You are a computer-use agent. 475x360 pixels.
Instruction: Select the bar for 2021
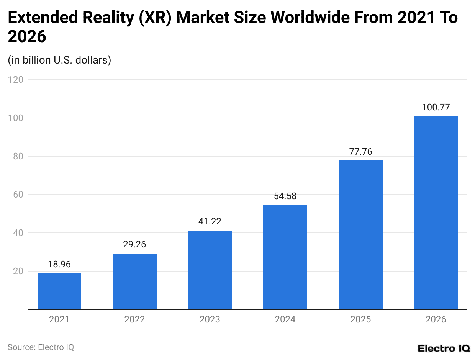pyautogui.click(x=59, y=291)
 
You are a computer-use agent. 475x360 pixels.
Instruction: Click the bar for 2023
pyautogui.click(x=210, y=270)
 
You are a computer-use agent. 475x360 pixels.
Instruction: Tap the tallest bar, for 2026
pyautogui.click(x=436, y=213)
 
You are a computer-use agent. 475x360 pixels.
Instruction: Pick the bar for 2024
pyautogui.click(x=285, y=257)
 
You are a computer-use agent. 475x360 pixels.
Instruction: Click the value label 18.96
pyautogui.click(x=59, y=264)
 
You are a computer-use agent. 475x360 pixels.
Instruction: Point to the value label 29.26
pyautogui.click(x=134, y=244)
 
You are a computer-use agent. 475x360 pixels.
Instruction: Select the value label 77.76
pyautogui.click(x=360, y=151)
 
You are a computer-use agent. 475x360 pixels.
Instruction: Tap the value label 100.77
pyautogui.click(x=436, y=107)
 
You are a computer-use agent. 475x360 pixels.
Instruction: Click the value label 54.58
pyautogui.click(x=285, y=196)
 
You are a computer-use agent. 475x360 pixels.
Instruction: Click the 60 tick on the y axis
pyautogui.click(x=18, y=195)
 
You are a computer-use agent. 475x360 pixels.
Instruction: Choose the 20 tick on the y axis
pyautogui.click(x=18, y=271)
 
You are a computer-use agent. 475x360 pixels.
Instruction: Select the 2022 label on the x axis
pyautogui.click(x=134, y=319)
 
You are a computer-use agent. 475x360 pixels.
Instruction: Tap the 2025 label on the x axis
pyautogui.click(x=360, y=319)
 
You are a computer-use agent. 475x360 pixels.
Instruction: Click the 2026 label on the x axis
pyautogui.click(x=436, y=319)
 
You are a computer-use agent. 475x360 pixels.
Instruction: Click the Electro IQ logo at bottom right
pyautogui.click(x=444, y=348)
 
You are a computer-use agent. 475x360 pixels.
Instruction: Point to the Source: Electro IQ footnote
pyautogui.click(x=41, y=347)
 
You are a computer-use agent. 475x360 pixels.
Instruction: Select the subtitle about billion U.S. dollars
pyautogui.click(x=59, y=60)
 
